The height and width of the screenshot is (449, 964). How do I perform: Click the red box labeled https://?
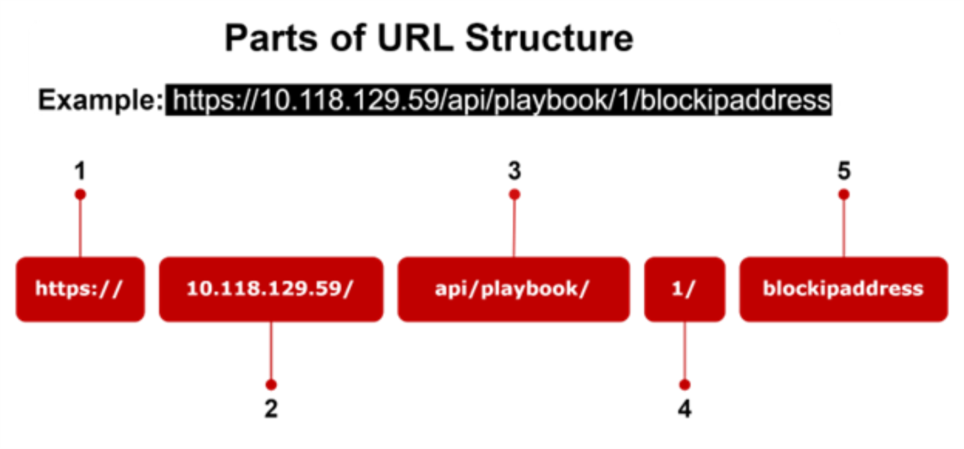(80, 289)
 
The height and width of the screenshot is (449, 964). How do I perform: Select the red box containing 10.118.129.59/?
(271, 289)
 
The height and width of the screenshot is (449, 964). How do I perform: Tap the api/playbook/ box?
(513, 289)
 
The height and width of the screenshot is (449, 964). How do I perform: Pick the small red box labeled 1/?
(684, 289)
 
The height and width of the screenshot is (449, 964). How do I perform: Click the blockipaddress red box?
(843, 289)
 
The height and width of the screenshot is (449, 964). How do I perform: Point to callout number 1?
(80, 172)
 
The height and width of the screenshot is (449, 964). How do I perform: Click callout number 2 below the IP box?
(271, 409)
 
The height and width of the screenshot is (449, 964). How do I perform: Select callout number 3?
(514, 172)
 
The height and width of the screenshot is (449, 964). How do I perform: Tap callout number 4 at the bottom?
(684, 409)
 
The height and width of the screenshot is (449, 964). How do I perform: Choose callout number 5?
(843, 172)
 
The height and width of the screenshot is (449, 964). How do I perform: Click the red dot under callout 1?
(80, 194)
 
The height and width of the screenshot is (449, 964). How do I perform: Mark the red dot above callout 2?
(271, 385)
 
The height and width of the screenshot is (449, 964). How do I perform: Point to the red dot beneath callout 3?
(514, 194)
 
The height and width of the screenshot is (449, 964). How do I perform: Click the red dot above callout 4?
(684, 385)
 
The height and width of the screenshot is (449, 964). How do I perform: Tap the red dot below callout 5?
(843, 194)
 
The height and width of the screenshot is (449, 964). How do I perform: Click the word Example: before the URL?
(100, 100)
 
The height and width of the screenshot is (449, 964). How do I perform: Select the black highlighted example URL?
(499, 100)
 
